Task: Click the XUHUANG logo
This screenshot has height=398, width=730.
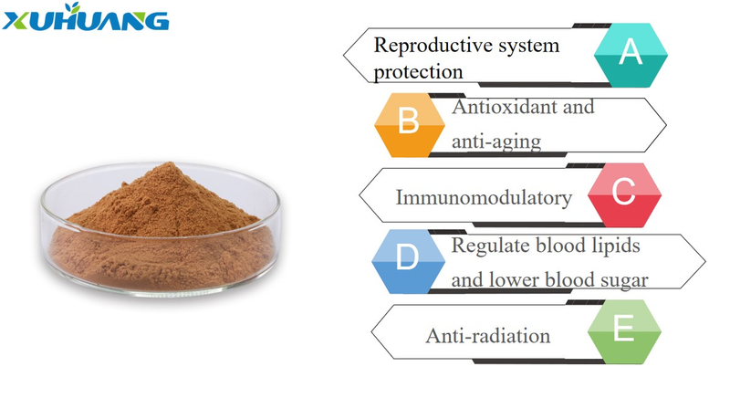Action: tap(85, 17)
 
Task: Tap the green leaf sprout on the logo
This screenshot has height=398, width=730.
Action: tap(73, 8)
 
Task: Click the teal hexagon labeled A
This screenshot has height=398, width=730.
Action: tap(631, 55)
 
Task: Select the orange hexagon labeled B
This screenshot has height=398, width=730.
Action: tap(409, 125)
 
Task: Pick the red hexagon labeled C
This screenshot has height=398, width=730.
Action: tap(624, 195)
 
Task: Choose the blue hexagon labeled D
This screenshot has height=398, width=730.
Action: tap(408, 261)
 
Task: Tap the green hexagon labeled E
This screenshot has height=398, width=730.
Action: tap(624, 331)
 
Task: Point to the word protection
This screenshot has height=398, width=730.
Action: tap(418, 73)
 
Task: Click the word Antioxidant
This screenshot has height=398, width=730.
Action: tap(505, 107)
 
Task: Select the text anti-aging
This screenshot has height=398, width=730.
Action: tap(496, 141)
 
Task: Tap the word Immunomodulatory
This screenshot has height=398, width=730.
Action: tap(484, 198)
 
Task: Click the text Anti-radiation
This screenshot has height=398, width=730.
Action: tap(488, 336)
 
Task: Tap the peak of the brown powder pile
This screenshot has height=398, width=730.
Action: tap(170, 162)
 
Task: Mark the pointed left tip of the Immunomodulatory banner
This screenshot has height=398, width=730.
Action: tap(360, 195)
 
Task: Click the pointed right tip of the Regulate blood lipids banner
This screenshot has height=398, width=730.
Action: tap(705, 262)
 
